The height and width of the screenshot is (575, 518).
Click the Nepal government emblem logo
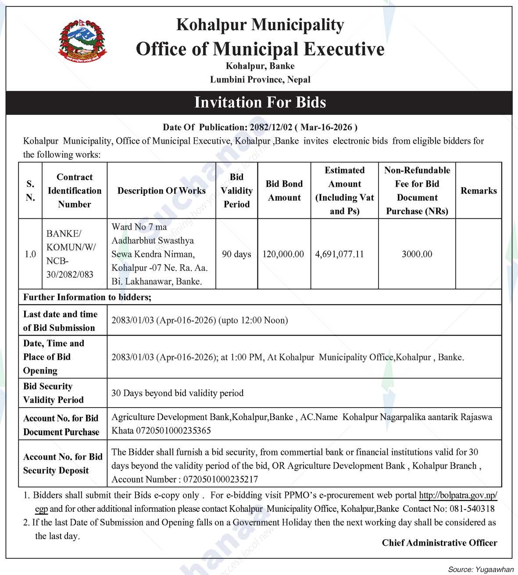83,42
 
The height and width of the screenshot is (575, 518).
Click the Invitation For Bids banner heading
260,103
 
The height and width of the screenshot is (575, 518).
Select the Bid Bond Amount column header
284,191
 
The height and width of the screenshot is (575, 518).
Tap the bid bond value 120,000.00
283,254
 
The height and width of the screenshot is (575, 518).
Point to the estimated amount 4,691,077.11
339,254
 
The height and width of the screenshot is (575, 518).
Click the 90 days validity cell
236,254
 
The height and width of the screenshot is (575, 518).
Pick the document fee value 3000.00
417,254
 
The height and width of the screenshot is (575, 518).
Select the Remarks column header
479,191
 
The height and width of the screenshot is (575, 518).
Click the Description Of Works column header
161,191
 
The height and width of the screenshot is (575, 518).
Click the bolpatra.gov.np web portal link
458,495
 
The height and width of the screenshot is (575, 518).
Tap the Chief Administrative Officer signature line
439,543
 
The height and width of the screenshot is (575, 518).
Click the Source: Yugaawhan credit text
480,569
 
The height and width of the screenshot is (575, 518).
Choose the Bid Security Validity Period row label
53,393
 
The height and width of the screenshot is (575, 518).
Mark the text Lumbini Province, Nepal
260,80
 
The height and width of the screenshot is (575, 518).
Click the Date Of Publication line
260,127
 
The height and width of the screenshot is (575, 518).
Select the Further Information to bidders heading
87,297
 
